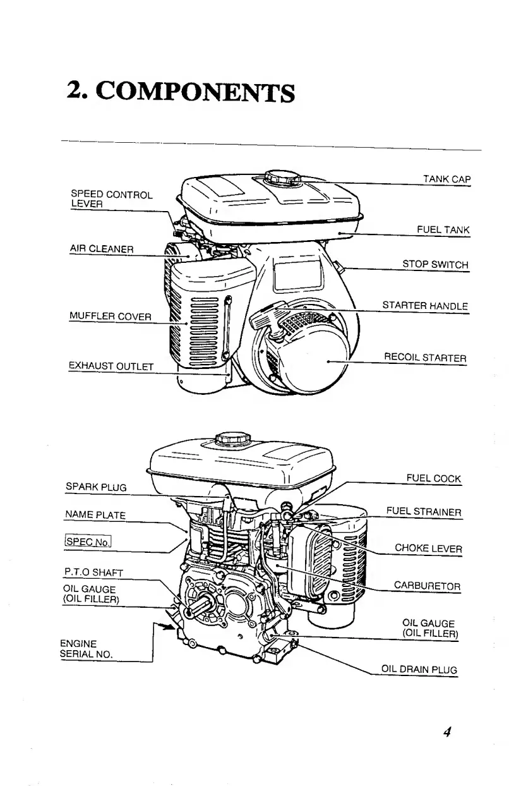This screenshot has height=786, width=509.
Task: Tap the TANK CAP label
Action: click(447, 179)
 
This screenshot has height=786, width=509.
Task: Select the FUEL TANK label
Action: click(443, 230)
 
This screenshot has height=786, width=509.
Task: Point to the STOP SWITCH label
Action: click(436, 265)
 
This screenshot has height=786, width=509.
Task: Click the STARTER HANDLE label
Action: click(425, 306)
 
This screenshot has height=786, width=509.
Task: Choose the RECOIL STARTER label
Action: click(425, 358)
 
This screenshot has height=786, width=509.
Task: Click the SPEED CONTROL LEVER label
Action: click(111, 199)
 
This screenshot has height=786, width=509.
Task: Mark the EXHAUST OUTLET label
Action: click(111, 365)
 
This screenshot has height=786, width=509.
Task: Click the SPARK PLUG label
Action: click(96, 487)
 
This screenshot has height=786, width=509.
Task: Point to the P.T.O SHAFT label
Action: click(94, 572)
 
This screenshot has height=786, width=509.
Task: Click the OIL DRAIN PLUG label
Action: click(418, 670)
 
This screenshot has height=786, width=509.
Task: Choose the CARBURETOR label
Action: click(427, 586)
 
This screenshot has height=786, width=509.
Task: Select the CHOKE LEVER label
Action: click(428, 548)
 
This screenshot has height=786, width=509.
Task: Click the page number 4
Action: click(446, 733)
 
